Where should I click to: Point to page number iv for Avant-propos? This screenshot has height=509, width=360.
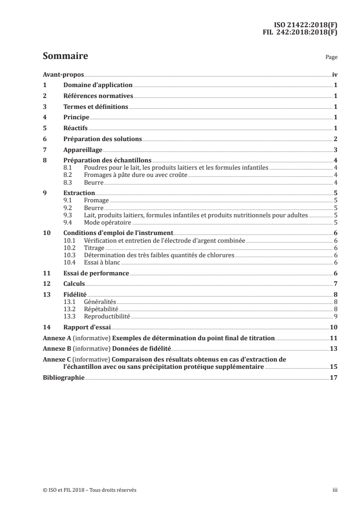(x=334, y=74)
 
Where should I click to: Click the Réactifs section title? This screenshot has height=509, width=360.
(x=75, y=128)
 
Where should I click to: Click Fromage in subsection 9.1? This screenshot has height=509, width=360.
(x=97, y=200)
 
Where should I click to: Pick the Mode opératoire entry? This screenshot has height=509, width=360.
(x=108, y=222)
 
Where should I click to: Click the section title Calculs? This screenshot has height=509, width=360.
(x=74, y=284)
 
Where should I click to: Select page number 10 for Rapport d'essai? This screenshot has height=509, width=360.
(x=333, y=327)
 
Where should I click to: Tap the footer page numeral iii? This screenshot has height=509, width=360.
(x=335, y=490)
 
